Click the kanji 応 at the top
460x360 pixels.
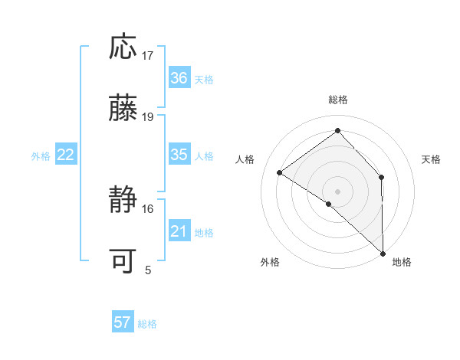123,47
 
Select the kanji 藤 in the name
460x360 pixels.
123,109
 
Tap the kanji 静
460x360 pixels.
123,201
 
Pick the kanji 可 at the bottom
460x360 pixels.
123,262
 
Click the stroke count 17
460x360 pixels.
148,55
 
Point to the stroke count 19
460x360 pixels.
148,117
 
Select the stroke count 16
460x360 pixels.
148,208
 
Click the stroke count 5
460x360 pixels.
148,270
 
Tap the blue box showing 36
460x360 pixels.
179,78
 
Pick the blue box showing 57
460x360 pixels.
123,323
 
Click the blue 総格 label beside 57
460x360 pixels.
147,324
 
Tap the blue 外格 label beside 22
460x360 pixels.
41,156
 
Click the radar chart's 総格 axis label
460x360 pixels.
338,100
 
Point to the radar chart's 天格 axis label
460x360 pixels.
432,159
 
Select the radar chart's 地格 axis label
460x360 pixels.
402,263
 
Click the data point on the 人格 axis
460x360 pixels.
280,172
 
